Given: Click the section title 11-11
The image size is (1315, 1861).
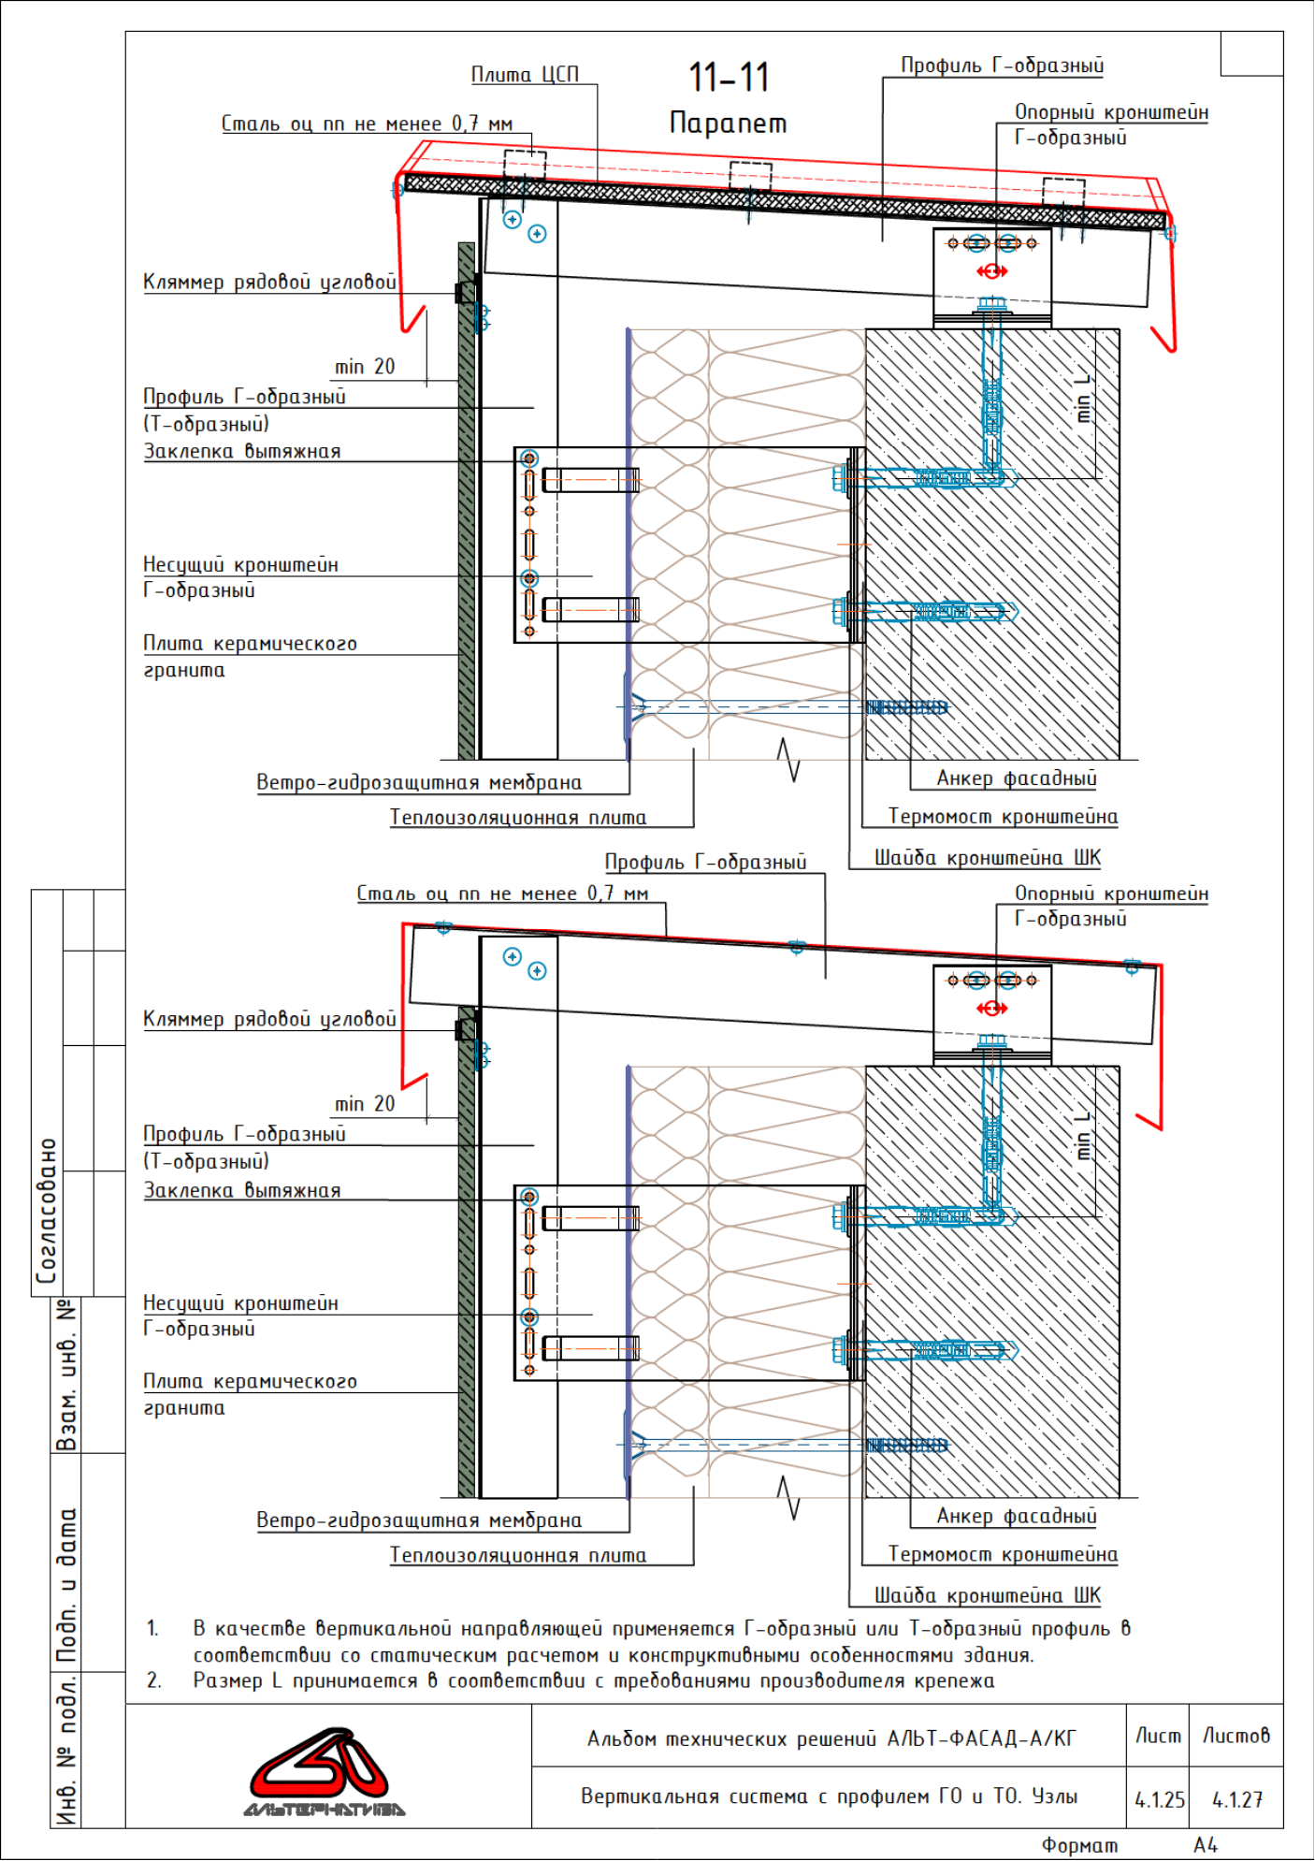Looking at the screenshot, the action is tap(729, 78).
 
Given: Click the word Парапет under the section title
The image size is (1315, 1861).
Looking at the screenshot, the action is tap(729, 123).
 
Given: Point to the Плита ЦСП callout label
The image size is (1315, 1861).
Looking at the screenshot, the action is tap(525, 74).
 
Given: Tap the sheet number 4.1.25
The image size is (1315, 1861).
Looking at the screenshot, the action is tap(1160, 1799).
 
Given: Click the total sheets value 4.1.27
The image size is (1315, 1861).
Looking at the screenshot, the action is tap(1236, 1799).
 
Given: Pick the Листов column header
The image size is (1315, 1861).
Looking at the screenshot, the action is tap(1236, 1736).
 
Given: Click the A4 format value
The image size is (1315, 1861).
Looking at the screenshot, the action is tap(1206, 1844).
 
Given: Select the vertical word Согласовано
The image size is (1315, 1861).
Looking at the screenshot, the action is tap(47, 1211).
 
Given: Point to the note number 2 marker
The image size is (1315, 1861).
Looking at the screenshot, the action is tap(153, 1680).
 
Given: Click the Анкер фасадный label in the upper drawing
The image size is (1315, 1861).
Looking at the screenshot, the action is tap(1017, 778).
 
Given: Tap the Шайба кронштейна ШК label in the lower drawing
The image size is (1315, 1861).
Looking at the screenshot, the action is tap(988, 1594).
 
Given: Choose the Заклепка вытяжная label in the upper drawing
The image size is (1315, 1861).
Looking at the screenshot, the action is tap(242, 451).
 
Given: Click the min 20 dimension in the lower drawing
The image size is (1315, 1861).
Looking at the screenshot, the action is tap(365, 1104).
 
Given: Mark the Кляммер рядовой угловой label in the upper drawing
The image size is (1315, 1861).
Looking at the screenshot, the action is tap(269, 283).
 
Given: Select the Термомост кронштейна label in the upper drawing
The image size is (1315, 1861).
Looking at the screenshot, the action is tap(1003, 816).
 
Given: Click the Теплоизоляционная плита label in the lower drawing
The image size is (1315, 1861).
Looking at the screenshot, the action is tap(518, 1555).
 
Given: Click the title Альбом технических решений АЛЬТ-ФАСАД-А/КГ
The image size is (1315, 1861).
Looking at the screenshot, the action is tap(831, 1738).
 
